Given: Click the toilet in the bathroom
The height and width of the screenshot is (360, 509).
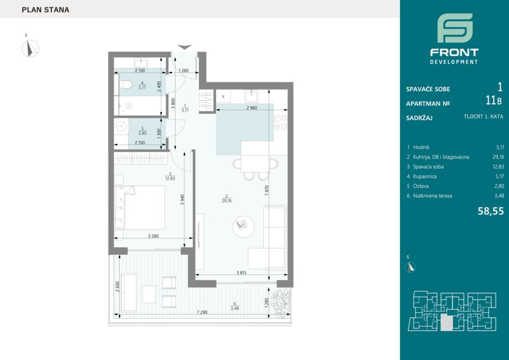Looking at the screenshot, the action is (x=125, y=85).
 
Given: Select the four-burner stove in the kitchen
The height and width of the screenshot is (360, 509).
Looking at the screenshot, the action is (x=280, y=122).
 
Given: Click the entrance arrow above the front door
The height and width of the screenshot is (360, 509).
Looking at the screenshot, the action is (x=184, y=47).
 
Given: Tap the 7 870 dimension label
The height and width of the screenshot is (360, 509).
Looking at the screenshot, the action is (x=267, y=190).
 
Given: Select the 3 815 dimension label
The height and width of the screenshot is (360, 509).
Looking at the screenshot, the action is (x=241, y=272).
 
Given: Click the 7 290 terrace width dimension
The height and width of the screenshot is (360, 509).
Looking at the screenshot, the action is (x=202, y=312).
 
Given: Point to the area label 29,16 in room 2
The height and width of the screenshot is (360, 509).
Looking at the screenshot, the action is (x=227, y=201).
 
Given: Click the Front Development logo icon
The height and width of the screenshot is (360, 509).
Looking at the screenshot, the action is (x=455, y=28).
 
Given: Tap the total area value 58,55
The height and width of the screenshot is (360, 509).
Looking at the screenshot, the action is (x=491, y=212).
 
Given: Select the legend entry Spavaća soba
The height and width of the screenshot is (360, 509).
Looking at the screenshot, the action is (x=428, y=167).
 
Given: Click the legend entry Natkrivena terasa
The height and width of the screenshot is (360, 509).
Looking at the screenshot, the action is (x=433, y=196).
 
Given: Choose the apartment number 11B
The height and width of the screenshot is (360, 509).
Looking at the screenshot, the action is (x=493, y=101).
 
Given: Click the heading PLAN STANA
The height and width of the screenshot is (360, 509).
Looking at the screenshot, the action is (x=45, y=10).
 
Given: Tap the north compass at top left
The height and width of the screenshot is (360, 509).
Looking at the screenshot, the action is (x=30, y=48).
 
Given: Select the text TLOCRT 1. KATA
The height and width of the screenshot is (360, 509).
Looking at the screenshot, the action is (x=484, y=116).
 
